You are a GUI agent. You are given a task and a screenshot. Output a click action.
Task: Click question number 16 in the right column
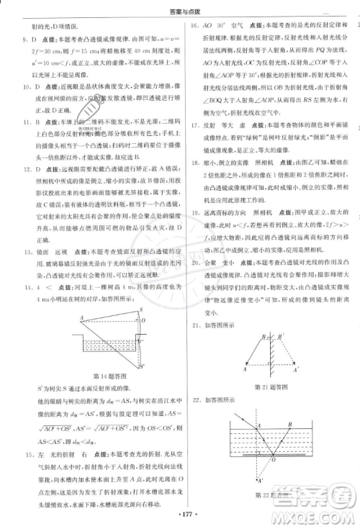(x=194, y=25)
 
